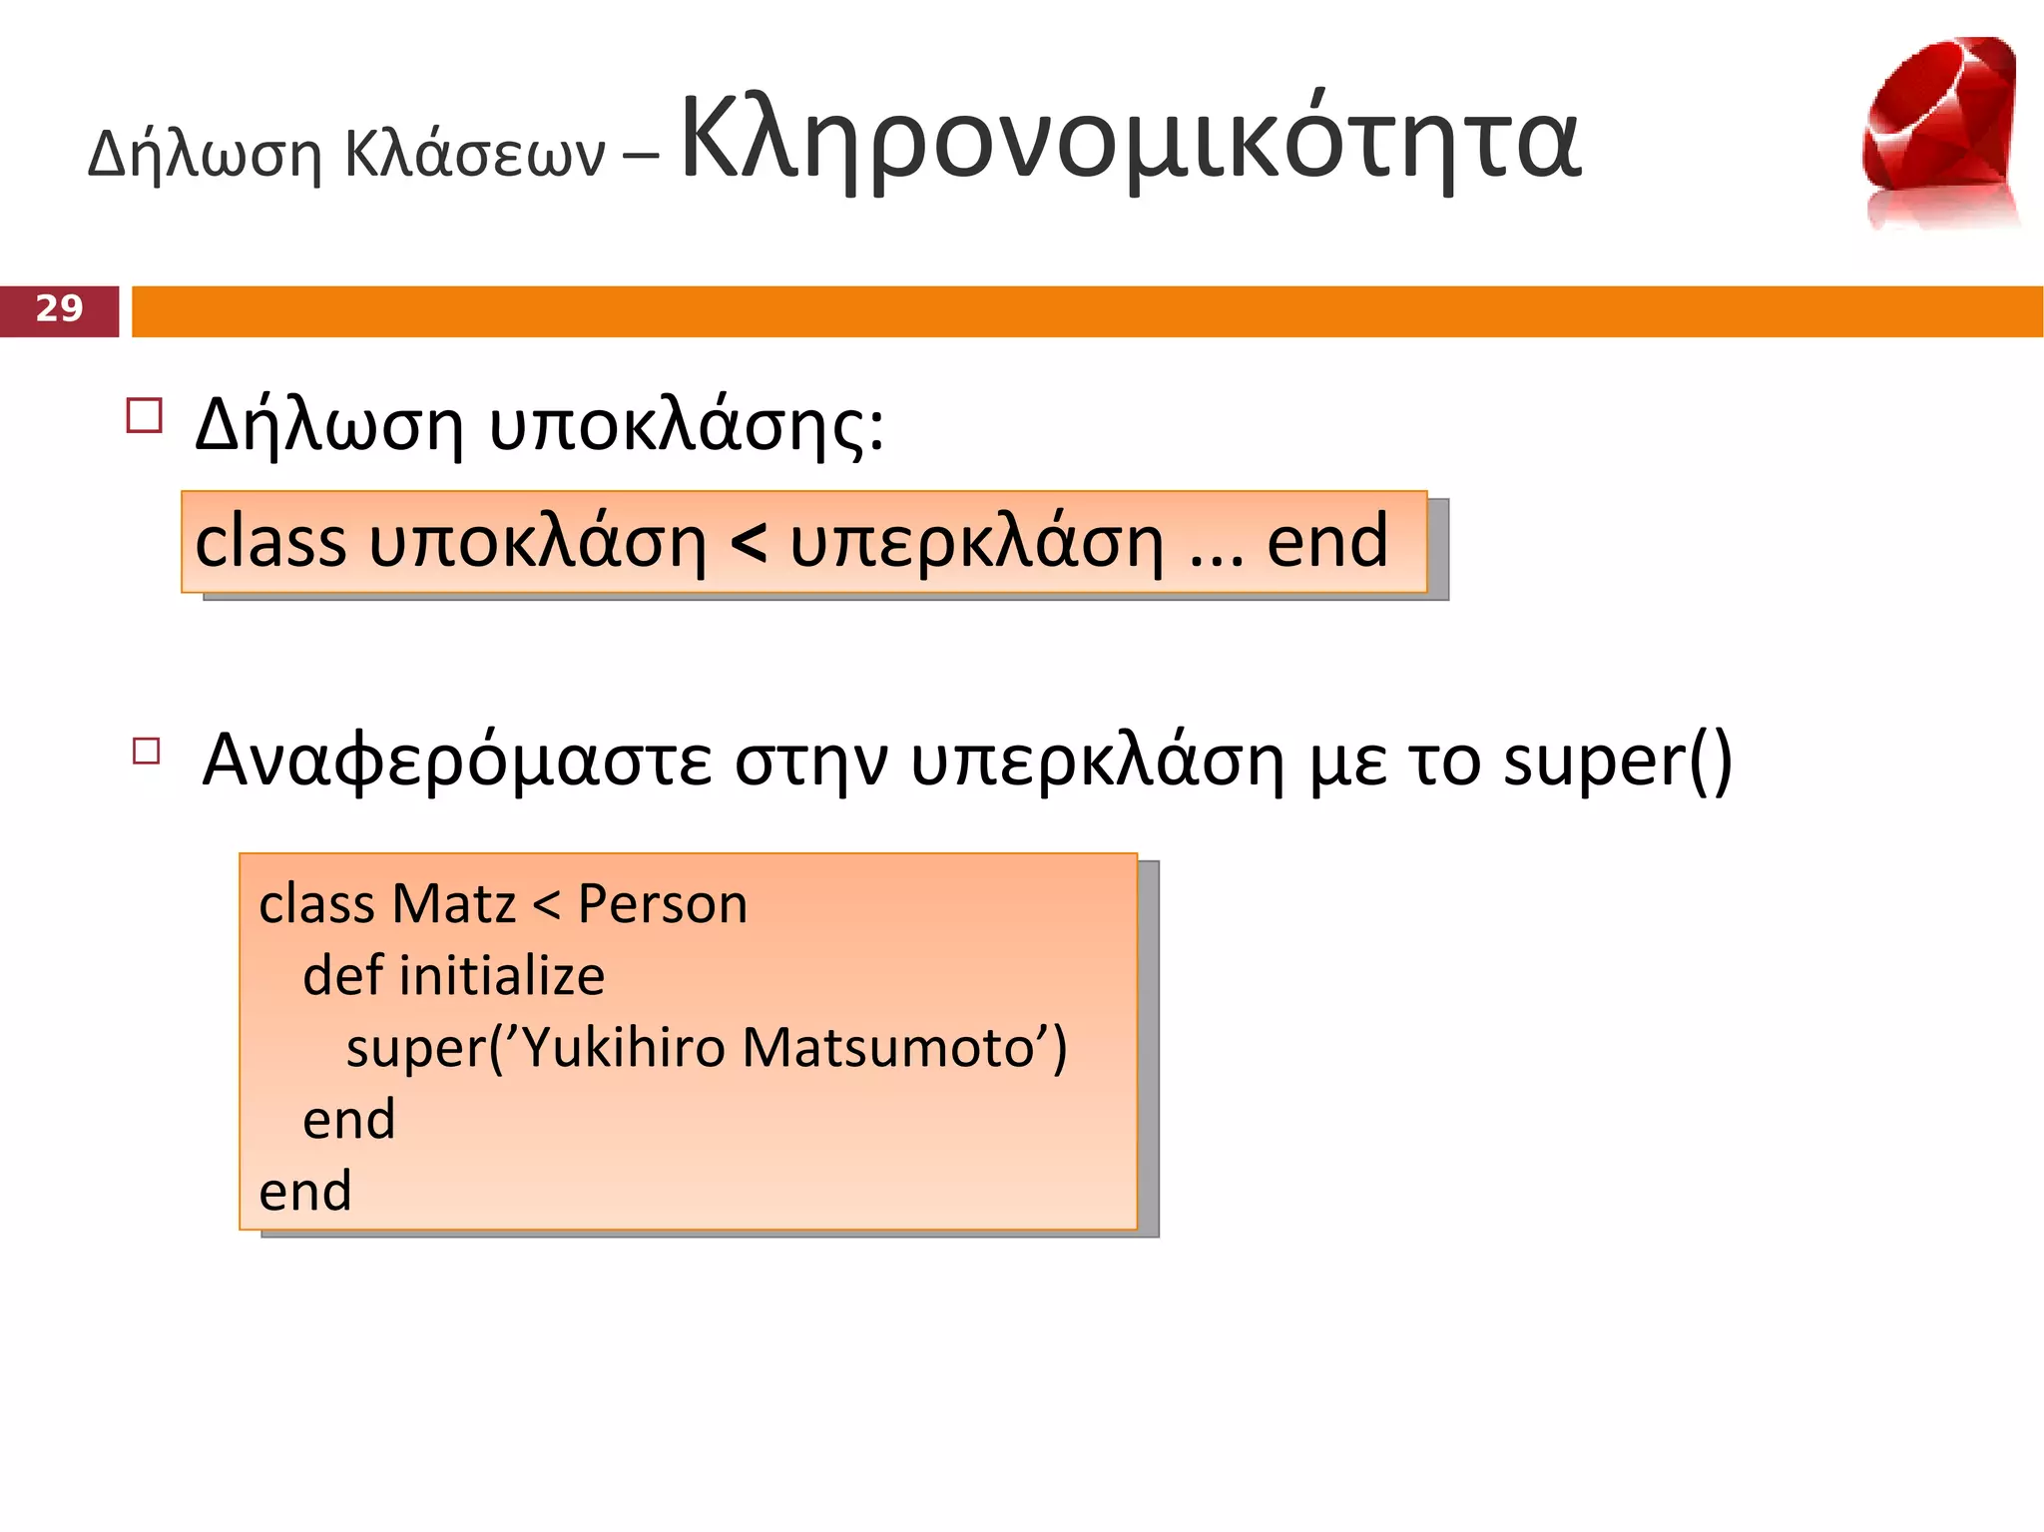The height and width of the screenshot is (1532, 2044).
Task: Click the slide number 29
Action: [x=59, y=309]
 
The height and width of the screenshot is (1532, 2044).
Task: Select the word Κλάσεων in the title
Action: [x=475, y=156]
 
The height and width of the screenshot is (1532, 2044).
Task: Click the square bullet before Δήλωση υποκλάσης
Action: [x=145, y=415]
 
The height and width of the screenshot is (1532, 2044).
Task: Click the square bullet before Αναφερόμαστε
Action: [x=147, y=751]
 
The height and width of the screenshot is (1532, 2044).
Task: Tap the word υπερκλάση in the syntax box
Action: [x=976, y=544]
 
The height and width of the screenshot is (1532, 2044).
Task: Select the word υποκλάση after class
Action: [x=537, y=544]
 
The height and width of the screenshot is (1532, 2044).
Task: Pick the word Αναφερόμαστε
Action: [x=457, y=762]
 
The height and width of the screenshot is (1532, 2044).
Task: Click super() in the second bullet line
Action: [x=1617, y=762]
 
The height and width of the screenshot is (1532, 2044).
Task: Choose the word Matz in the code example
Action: [x=454, y=904]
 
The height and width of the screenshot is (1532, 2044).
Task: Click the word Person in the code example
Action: [x=663, y=904]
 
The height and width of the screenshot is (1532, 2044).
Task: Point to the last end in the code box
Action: [x=305, y=1192]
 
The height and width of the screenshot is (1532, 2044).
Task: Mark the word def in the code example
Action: [x=342, y=976]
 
